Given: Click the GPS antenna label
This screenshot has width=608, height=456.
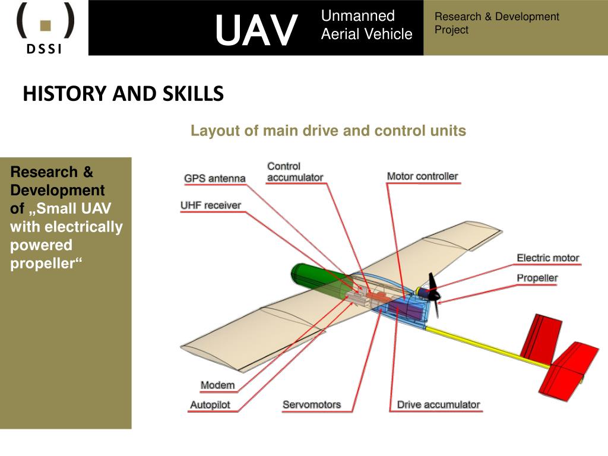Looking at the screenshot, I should [214, 178].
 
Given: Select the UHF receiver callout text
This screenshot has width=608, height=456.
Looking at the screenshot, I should [211, 205].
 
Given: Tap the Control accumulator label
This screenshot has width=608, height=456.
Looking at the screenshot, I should [294, 172].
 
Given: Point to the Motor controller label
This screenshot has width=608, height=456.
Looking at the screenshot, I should [422, 176].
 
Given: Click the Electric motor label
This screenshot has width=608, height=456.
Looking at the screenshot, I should [547, 258].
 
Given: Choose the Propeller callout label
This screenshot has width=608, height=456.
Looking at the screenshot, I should [537, 278].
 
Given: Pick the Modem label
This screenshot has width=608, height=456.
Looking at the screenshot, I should [217, 385].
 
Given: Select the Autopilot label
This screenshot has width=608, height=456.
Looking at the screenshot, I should [210, 405].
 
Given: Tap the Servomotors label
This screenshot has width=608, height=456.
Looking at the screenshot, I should [312, 404].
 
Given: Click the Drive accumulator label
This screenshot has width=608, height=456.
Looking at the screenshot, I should [438, 404].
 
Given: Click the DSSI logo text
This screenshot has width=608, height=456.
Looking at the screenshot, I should [44, 49].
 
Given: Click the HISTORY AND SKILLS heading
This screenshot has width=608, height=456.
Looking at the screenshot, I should [123, 94].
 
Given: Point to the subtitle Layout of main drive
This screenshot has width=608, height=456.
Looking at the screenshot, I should [328, 131].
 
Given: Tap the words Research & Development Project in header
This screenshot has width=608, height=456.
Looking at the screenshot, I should [496, 23].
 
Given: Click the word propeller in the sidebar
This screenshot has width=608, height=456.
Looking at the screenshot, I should [45, 264].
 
